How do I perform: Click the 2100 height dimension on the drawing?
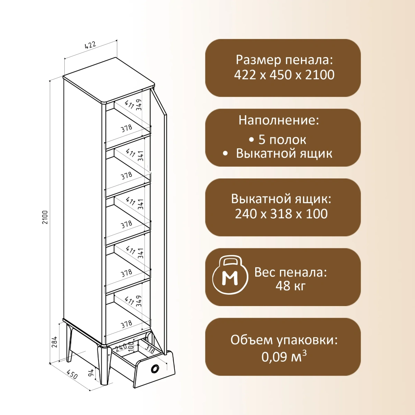(45, 217)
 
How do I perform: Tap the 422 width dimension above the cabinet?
(90, 45)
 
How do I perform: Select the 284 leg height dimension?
(55, 342)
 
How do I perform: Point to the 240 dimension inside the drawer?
(121, 348)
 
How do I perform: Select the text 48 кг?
(290, 286)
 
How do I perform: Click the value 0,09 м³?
(284, 357)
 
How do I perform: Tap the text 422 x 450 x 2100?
(284, 75)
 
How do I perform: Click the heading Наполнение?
(279, 120)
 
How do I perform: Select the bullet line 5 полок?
(277, 140)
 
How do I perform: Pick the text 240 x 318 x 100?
(281, 214)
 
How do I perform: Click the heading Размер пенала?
(284, 59)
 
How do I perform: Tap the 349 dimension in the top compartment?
(139, 105)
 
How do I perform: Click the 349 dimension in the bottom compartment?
(139, 301)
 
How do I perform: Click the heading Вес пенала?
(290, 272)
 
